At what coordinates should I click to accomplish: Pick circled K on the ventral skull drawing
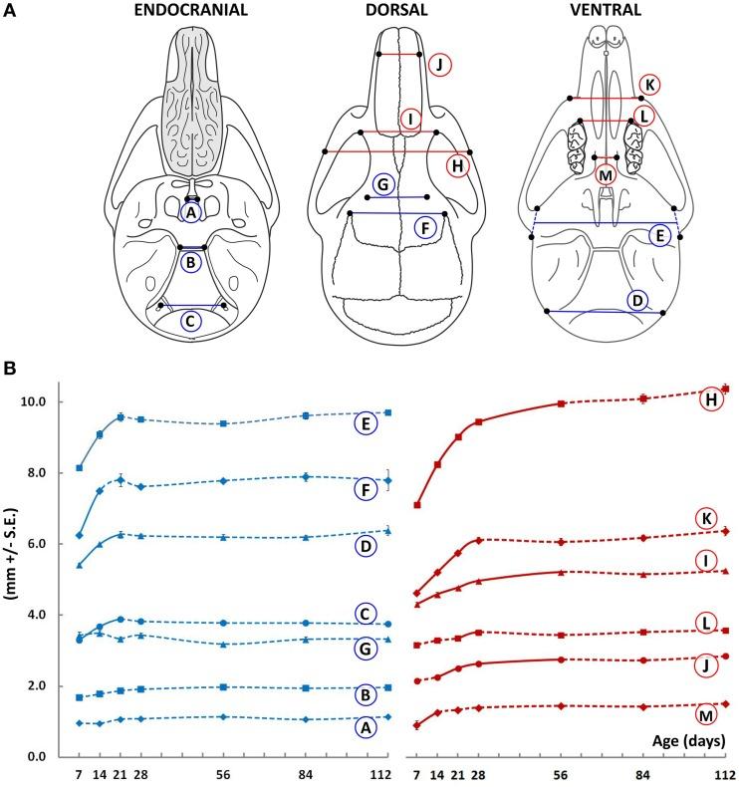(649, 84)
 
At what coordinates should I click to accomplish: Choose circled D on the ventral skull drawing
(636, 300)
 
